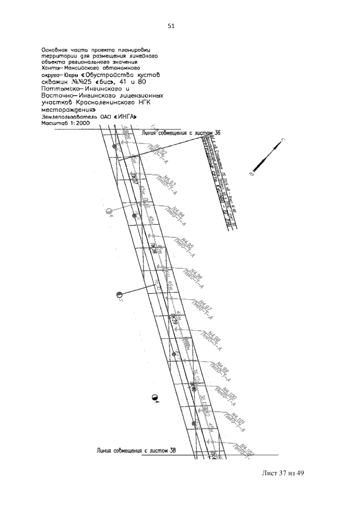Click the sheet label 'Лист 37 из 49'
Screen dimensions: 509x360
[282, 473]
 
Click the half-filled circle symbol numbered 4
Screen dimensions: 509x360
[155, 398]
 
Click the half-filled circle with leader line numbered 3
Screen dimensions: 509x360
[119, 295]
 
